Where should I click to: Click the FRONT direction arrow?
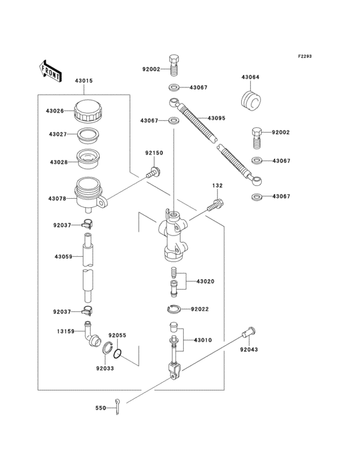pos(51,69)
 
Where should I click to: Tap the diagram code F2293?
pos(304,56)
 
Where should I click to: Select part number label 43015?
pos(84,80)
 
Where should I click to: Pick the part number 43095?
pos(217,118)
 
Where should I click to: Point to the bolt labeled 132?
pos(215,205)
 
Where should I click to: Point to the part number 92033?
pos(105,368)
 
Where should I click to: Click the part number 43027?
pos(58,134)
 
